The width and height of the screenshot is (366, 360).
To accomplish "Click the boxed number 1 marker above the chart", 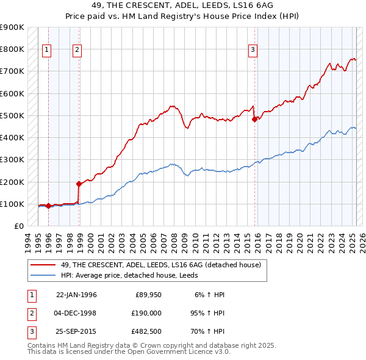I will point(47,51).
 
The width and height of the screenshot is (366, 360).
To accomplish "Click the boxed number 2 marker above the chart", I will point(77,51).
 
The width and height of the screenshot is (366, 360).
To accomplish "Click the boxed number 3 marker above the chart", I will point(253,51).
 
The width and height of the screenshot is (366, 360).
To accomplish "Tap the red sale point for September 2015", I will point(254,120).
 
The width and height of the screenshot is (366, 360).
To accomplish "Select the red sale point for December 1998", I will point(79,184).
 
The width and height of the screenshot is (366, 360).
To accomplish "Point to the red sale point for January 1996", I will point(48,206).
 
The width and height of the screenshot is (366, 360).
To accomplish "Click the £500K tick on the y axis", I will point(12,115).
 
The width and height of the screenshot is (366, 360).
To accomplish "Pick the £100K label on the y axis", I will point(12,204).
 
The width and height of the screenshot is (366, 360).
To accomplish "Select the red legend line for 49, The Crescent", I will point(43,265).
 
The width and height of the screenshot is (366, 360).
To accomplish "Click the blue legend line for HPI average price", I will point(43,275).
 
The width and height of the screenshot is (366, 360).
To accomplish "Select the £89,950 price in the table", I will point(148,294).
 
